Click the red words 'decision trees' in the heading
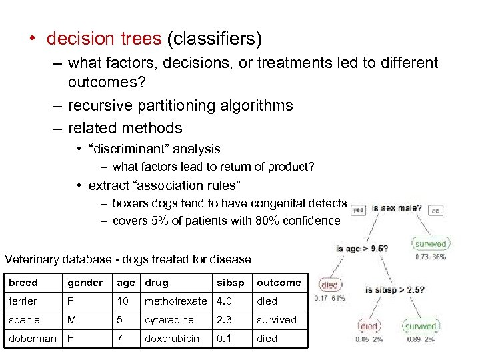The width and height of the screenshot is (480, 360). pyautogui.click(x=104, y=39)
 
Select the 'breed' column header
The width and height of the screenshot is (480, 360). pyautogui.click(x=23, y=283)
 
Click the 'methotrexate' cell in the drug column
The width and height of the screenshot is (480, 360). pyautogui.click(x=175, y=301)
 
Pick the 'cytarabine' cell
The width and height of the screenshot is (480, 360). pyautogui.click(x=169, y=319)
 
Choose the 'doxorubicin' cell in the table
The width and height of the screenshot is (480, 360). pyautogui.click(x=172, y=338)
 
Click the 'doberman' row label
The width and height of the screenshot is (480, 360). pyautogui.click(x=32, y=338)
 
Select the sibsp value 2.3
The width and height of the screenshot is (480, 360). pyautogui.click(x=224, y=319)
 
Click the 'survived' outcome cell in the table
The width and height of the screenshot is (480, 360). pyautogui.click(x=277, y=319)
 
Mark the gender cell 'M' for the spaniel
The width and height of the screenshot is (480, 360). pyautogui.click(x=71, y=319)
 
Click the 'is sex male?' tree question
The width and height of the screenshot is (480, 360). pyautogui.click(x=397, y=208)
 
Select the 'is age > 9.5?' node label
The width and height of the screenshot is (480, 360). pyautogui.click(x=362, y=249)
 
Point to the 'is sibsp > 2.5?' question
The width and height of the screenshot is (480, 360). pyautogui.click(x=395, y=290)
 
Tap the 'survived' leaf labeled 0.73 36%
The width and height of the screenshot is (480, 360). pyautogui.click(x=430, y=244)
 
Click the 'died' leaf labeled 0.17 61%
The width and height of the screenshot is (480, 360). pyautogui.click(x=330, y=285)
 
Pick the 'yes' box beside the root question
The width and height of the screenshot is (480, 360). pyautogui.click(x=359, y=209)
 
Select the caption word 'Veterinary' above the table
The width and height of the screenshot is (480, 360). pyautogui.click(x=31, y=259)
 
